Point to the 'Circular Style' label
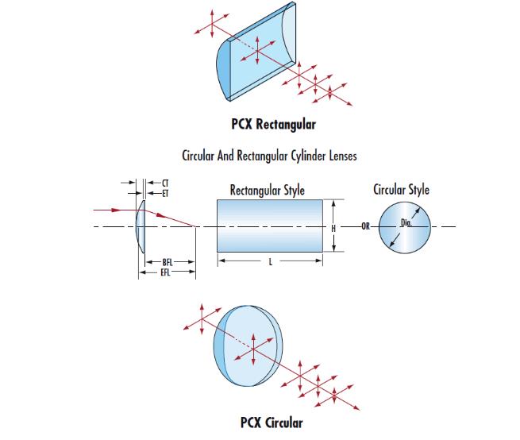tap(401, 190)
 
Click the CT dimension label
tap(164, 183)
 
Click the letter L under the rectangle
tap(269, 261)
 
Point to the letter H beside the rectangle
tap(334, 227)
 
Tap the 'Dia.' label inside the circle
tap(406, 223)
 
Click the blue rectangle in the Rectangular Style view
tap(269, 226)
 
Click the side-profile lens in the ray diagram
tap(141, 227)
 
